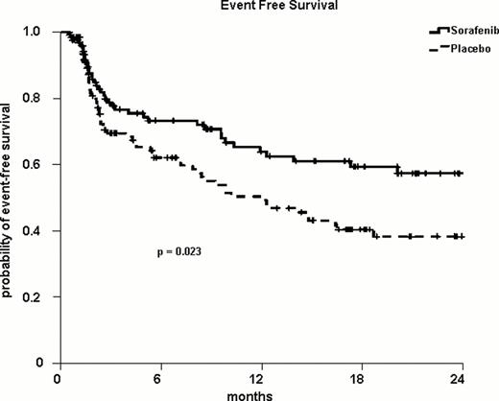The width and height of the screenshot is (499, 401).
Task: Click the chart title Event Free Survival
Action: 249,7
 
